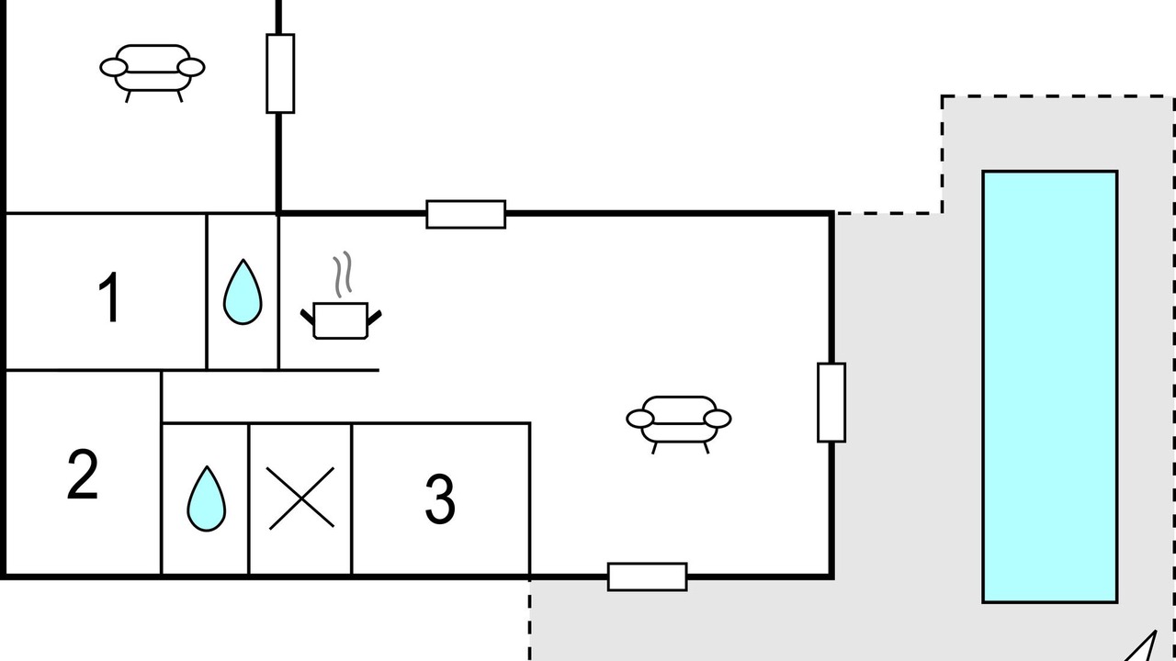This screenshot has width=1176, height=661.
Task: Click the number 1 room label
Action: pyautogui.click(x=109, y=297)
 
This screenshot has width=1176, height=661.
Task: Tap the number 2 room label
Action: pyautogui.click(x=83, y=475)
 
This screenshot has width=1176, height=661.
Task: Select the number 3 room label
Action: pyautogui.click(x=440, y=499)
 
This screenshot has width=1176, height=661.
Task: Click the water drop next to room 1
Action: pyautogui.click(x=243, y=292)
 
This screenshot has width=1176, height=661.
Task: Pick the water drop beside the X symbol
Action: pyautogui.click(x=207, y=499)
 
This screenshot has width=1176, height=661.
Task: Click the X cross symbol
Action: pyautogui.click(x=300, y=498)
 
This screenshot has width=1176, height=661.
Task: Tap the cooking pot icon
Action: pyautogui.click(x=341, y=320)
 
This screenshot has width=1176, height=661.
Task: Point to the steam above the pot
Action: pyautogui.click(x=342, y=274)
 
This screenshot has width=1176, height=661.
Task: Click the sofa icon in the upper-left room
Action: pyautogui.click(x=153, y=73)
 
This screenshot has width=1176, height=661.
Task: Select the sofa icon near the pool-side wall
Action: pyautogui.click(x=679, y=424)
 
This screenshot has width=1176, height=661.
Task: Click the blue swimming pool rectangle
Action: pyautogui.click(x=1050, y=387)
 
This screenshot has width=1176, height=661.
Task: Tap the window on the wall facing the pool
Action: pyautogui.click(x=831, y=402)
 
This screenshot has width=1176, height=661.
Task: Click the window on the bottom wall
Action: pyautogui.click(x=648, y=577)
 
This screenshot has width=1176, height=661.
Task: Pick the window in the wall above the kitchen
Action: pyautogui.click(x=466, y=214)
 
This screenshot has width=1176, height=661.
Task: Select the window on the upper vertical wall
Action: pyautogui.click(x=280, y=73)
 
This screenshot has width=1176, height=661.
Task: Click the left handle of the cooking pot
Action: pyautogui.click(x=307, y=317)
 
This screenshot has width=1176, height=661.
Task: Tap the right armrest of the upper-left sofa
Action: pyautogui.click(x=191, y=68)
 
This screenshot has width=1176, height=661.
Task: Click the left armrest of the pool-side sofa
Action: pyautogui.click(x=640, y=420)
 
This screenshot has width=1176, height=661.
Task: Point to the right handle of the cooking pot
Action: pyautogui.click(x=374, y=318)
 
